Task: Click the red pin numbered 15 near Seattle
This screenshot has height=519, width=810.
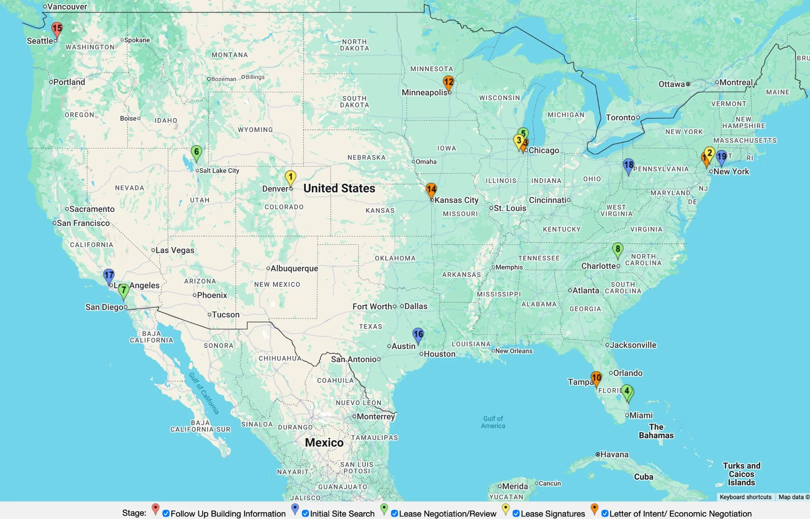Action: point(57,29)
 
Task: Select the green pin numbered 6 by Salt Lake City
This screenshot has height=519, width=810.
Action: point(196,152)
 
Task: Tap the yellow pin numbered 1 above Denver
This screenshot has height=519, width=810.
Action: point(290,177)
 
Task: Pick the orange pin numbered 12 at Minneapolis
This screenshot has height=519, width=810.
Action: point(448,82)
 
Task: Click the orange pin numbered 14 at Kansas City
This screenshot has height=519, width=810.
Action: point(431,189)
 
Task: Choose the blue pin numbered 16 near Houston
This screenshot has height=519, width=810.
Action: point(418,335)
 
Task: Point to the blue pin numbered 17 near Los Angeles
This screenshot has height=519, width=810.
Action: point(109,276)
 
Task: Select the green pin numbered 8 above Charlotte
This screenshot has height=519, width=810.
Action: point(618,249)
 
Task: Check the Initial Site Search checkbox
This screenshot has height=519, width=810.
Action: point(305,513)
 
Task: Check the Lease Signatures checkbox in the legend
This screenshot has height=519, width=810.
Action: point(516,513)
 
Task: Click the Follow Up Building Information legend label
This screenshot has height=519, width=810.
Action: point(228,514)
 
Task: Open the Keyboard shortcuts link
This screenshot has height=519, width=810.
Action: point(745,497)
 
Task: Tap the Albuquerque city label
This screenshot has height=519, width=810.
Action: point(294,269)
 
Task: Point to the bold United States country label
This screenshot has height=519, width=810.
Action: point(339,188)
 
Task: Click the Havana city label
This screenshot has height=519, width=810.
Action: point(614,455)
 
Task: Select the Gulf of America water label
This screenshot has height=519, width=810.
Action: point(493,422)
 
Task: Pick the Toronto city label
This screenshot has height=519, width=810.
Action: point(620,117)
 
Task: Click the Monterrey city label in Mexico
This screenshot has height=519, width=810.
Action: point(376,416)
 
